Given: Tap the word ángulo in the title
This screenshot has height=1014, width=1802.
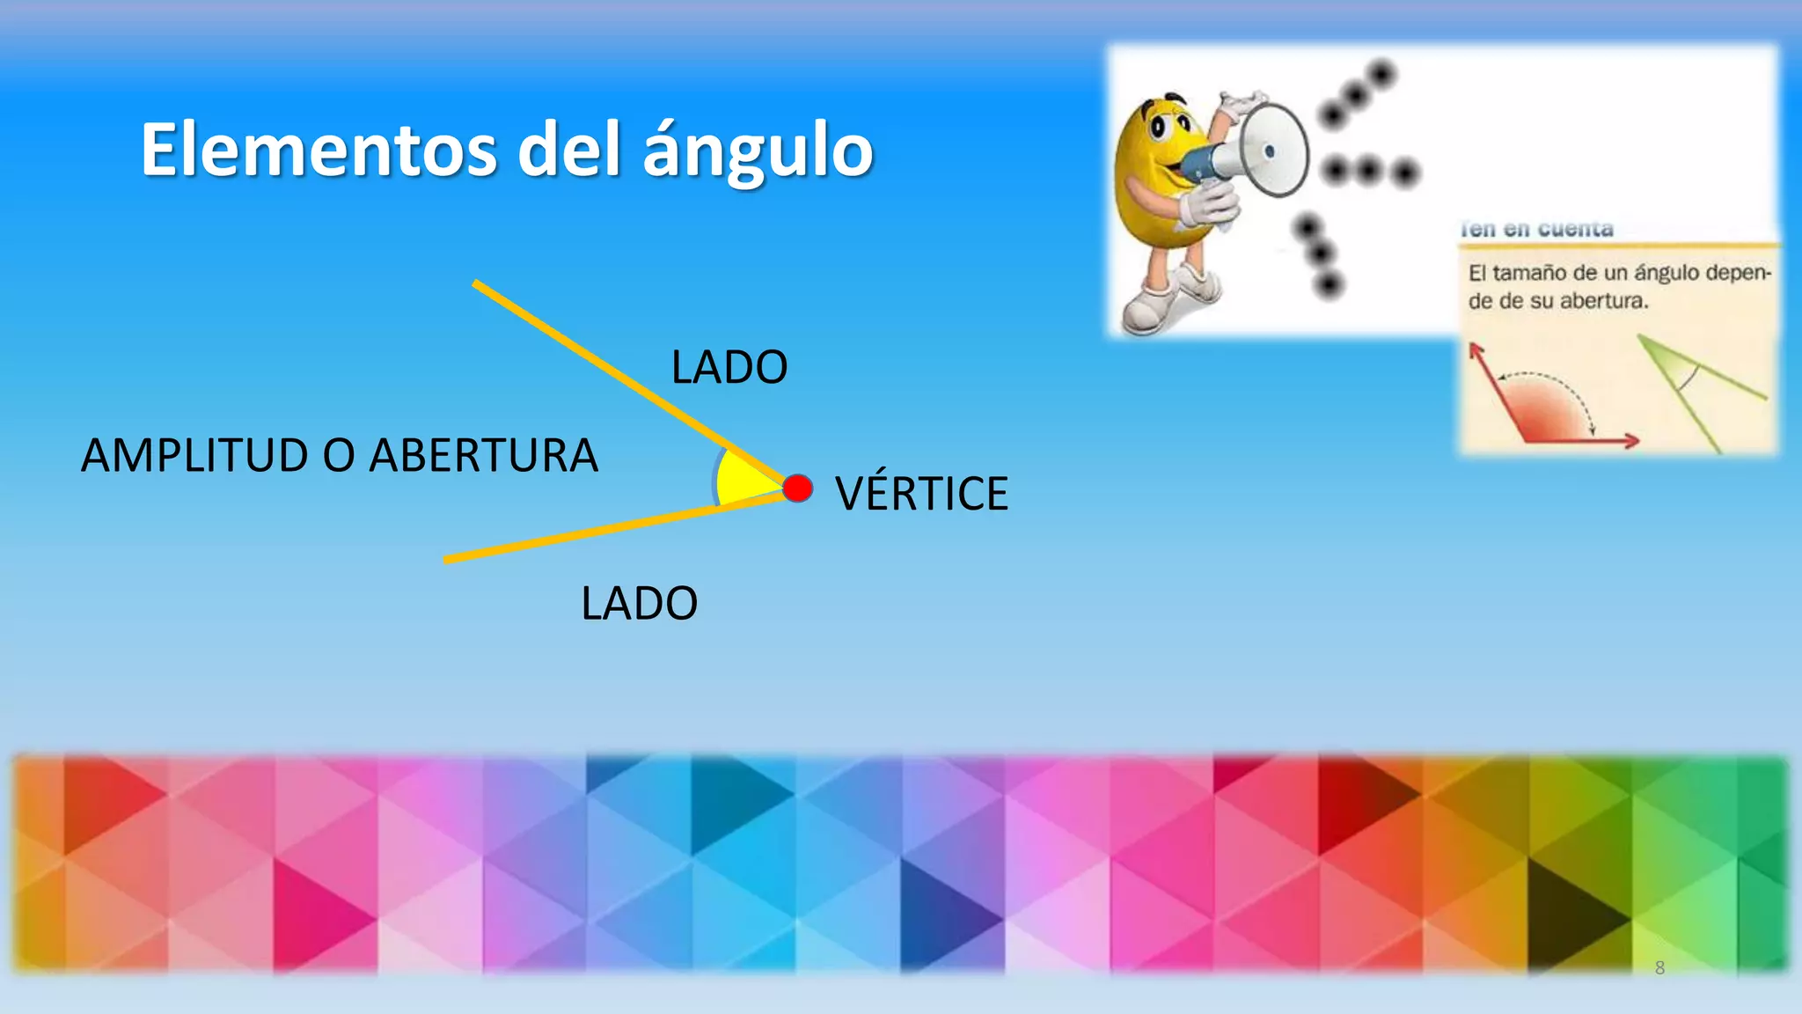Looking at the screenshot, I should (x=758, y=151).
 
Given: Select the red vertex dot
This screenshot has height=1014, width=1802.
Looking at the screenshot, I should (x=798, y=489).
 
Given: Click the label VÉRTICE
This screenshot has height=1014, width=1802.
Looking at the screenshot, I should (x=921, y=494).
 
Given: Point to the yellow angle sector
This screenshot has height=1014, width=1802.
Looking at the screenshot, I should (x=744, y=481).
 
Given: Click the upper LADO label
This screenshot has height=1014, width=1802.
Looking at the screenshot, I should (x=729, y=368).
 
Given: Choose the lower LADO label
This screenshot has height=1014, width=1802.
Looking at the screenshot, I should (x=639, y=604).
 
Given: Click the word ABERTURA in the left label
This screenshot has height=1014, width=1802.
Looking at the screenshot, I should (x=483, y=456).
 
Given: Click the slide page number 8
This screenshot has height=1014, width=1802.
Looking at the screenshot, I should (x=1659, y=968).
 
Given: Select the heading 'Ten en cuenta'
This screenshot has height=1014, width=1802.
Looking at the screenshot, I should (x=1536, y=230).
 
